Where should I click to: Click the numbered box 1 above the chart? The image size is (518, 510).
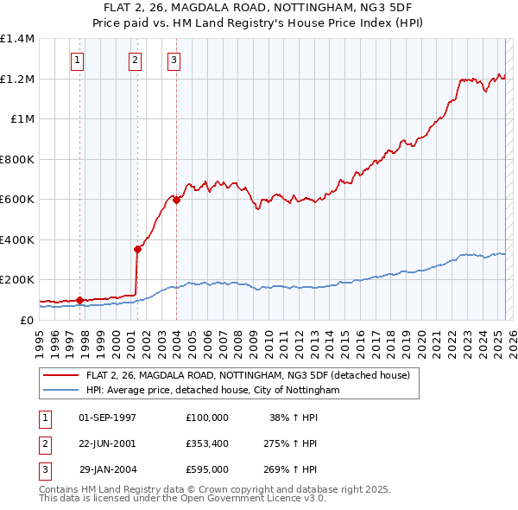click(78, 61)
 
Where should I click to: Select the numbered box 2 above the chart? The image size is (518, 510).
click(136, 61)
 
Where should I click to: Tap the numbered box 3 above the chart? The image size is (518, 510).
click(174, 61)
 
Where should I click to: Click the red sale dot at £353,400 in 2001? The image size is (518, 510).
click(137, 249)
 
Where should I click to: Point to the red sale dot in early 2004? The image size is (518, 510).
click(177, 201)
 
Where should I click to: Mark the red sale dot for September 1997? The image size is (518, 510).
click(79, 300)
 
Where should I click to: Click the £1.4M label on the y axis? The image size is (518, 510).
click(16, 39)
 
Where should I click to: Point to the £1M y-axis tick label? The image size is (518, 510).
click(21, 119)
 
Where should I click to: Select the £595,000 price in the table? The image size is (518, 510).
click(206, 469)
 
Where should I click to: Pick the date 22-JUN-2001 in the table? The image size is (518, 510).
click(108, 443)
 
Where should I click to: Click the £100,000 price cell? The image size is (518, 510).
click(206, 418)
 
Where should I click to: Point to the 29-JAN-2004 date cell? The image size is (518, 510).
click(108, 469)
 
